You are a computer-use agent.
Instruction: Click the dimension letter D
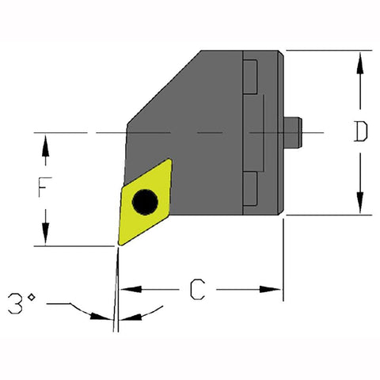point(360,132)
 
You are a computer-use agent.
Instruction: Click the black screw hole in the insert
point(144,203)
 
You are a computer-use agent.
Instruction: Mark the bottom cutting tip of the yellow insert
point(120,244)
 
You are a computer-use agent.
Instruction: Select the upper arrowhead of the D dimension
point(360,58)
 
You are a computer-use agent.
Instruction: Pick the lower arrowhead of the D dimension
point(360,207)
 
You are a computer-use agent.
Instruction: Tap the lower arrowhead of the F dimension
point(46,238)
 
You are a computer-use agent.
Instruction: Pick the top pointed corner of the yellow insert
point(170,161)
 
